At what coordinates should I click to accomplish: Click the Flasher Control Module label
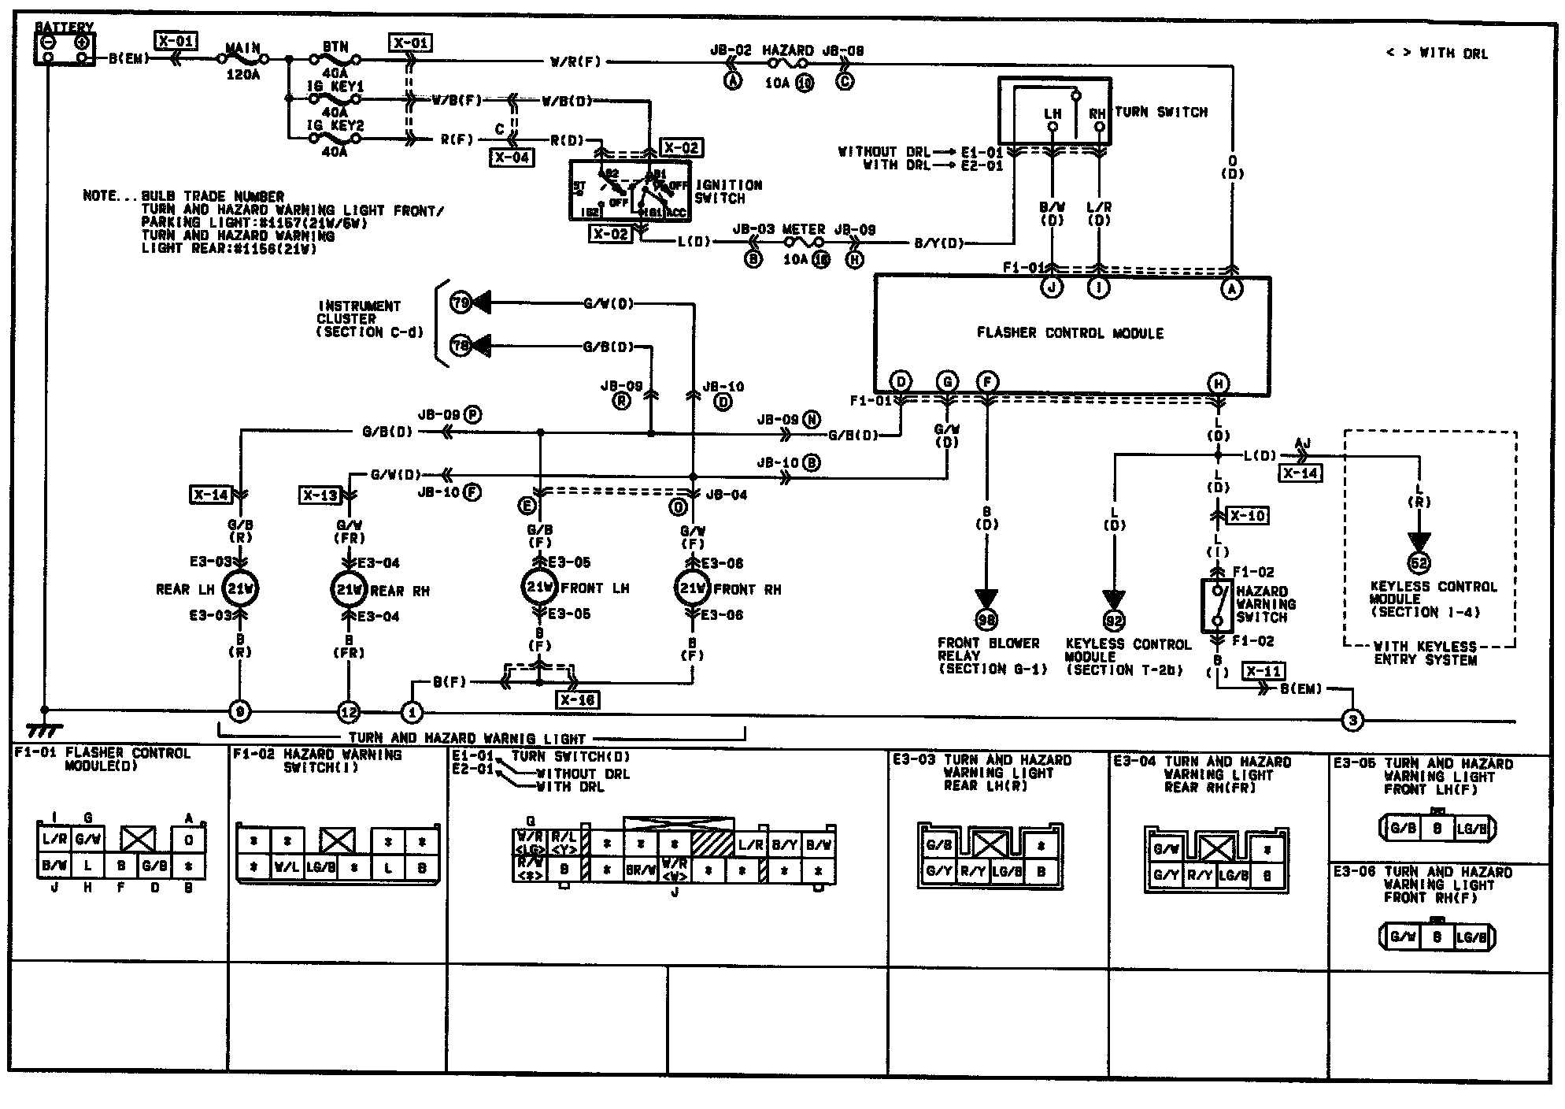[1070, 333]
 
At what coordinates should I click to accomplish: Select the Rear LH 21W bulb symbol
[240, 588]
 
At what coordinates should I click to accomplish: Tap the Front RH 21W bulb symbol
[693, 588]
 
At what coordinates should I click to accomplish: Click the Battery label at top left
[64, 28]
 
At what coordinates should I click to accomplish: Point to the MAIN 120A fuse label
[242, 61]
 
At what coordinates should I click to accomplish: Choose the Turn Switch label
[1160, 113]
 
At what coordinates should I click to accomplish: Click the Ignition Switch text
[728, 191]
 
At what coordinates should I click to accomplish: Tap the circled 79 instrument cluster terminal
[461, 302]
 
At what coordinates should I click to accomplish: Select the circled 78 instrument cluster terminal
[461, 346]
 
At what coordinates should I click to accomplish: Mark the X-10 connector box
[1248, 516]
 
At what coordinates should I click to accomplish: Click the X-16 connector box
[576, 700]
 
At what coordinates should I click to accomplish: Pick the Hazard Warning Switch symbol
[1217, 605]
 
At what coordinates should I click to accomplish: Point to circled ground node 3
[1352, 720]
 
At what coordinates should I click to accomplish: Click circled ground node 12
[348, 713]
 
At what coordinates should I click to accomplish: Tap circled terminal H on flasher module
[1218, 384]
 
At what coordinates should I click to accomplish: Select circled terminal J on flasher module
[1052, 288]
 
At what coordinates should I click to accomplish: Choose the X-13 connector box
[320, 495]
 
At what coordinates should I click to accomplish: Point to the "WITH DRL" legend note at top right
[1437, 54]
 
